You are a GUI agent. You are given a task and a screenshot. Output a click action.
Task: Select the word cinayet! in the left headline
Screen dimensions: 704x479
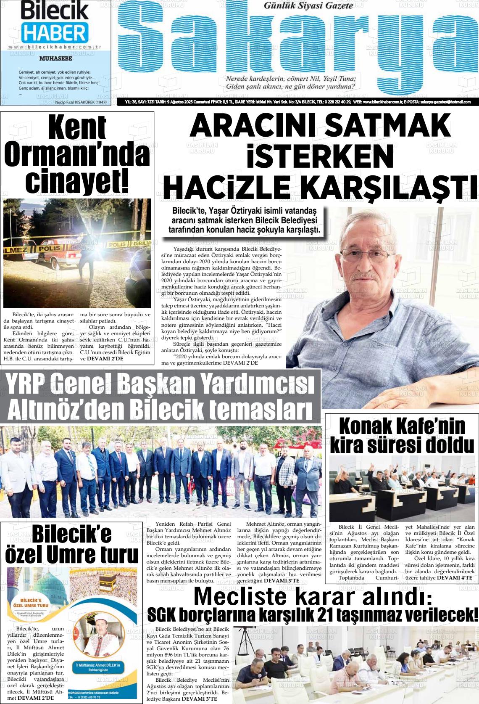point(77,180)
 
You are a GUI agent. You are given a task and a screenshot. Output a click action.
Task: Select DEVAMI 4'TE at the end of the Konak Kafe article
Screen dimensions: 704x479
point(455,578)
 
